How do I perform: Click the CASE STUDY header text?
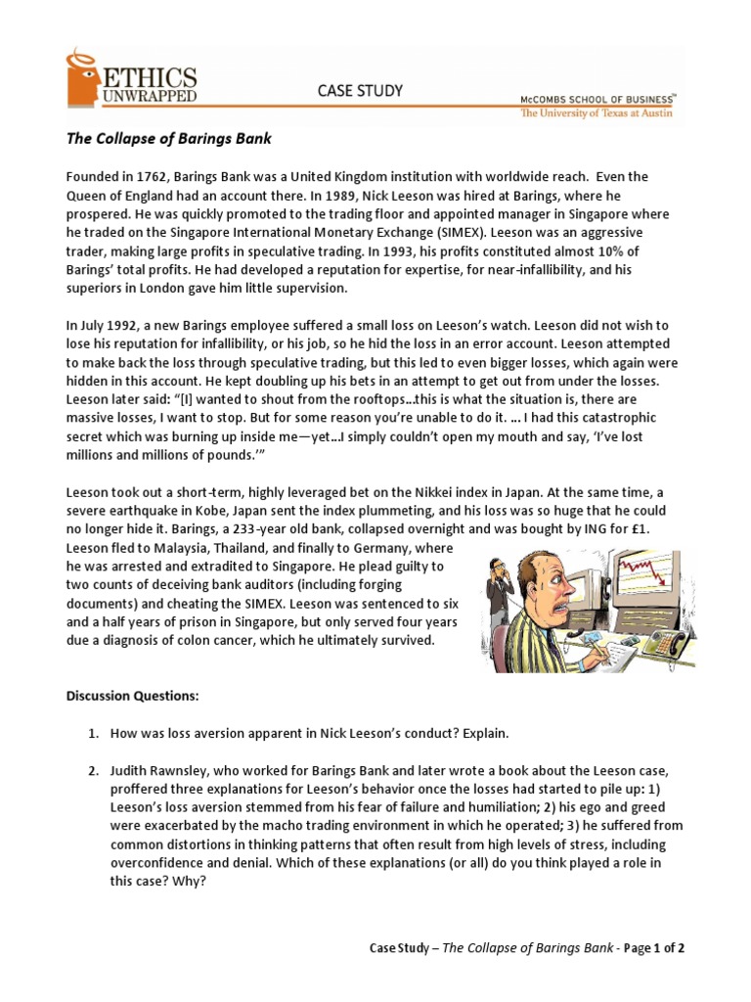click(x=360, y=91)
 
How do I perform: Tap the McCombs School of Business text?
click(x=599, y=100)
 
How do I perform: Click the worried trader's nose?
click(x=562, y=606)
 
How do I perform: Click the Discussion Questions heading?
click(x=132, y=696)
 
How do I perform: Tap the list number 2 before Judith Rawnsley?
click(x=94, y=770)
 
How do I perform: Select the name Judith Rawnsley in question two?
click(x=160, y=770)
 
